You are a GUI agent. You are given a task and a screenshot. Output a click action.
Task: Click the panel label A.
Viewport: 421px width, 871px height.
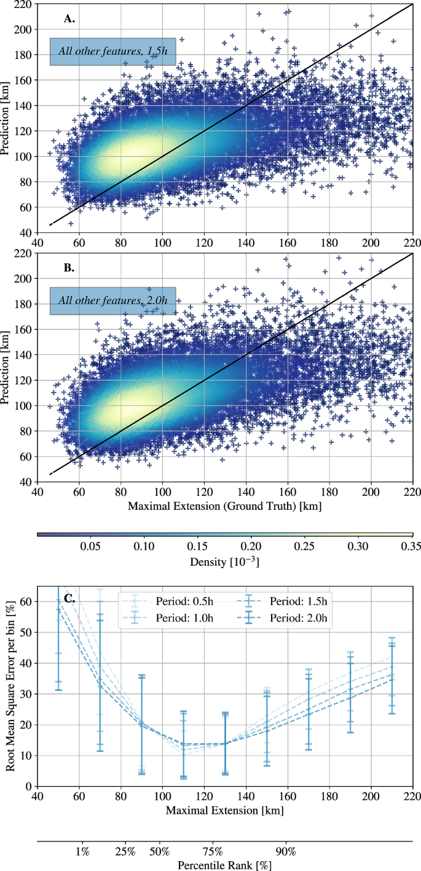pos(69,19)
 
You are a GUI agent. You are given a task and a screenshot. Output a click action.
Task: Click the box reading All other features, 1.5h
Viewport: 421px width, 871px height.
pos(113,52)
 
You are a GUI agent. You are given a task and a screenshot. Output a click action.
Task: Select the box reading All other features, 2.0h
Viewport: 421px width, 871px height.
pos(113,301)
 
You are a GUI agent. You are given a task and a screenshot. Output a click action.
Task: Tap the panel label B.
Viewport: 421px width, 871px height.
pos(69,268)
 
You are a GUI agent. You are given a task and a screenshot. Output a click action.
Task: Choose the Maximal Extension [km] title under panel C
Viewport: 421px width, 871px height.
pos(224,811)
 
